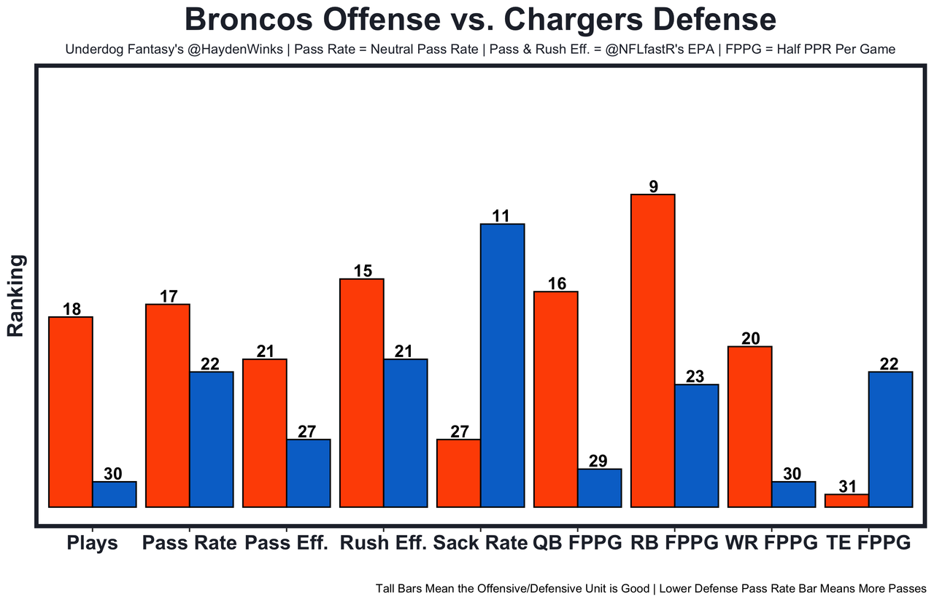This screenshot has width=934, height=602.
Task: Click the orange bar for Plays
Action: coord(70,412)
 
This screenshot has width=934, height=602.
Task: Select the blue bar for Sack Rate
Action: coord(502,365)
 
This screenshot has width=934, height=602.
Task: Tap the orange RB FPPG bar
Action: coord(653,351)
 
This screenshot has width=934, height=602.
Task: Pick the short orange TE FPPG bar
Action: coord(846,501)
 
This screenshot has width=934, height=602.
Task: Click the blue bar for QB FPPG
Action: coord(599,488)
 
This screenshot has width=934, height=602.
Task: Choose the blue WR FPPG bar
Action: coord(793,494)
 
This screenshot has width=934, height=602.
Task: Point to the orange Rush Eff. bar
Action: coord(362,393)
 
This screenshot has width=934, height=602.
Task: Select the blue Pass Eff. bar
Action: coord(308,473)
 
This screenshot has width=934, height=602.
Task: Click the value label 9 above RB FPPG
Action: coord(653,187)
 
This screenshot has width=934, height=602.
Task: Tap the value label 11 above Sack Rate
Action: coord(502,216)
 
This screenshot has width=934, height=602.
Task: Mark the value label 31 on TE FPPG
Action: coord(846,486)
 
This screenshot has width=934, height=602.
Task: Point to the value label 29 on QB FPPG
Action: coord(599,461)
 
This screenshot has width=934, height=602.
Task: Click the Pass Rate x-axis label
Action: coord(190,544)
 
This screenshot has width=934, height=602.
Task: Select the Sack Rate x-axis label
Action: coord(480,544)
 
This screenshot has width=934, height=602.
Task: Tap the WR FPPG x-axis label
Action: coord(772,544)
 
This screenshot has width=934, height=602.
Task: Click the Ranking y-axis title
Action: coord(16,295)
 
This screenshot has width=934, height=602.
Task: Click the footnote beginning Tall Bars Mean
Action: coord(651,588)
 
